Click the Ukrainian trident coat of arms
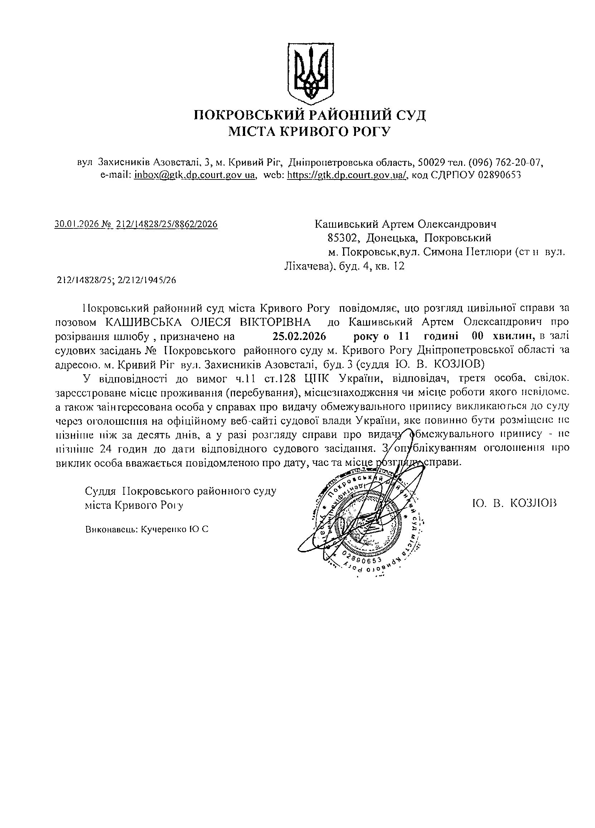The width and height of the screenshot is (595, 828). pyautogui.click(x=311, y=72)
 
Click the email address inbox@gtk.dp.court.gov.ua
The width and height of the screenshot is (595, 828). pyautogui.click(x=194, y=175)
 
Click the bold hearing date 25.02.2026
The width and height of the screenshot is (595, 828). pyautogui.click(x=299, y=335)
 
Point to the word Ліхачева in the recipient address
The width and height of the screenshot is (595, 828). pyautogui.click(x=308, y=266)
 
